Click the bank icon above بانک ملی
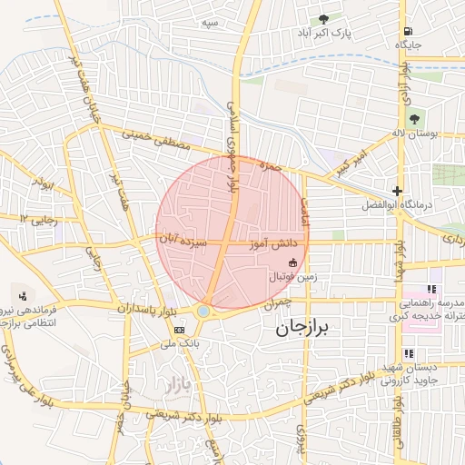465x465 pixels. tap(179, 330)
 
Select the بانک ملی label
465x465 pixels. tap(178, 344)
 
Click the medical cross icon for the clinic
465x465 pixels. tap(396, 191)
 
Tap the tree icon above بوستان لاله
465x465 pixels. tap(414, 118)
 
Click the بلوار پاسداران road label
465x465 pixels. tap(144, 308)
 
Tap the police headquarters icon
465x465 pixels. tap(23, 294)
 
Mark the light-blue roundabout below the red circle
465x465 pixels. tap(203, 312)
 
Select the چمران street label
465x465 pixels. tap(279, 306)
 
